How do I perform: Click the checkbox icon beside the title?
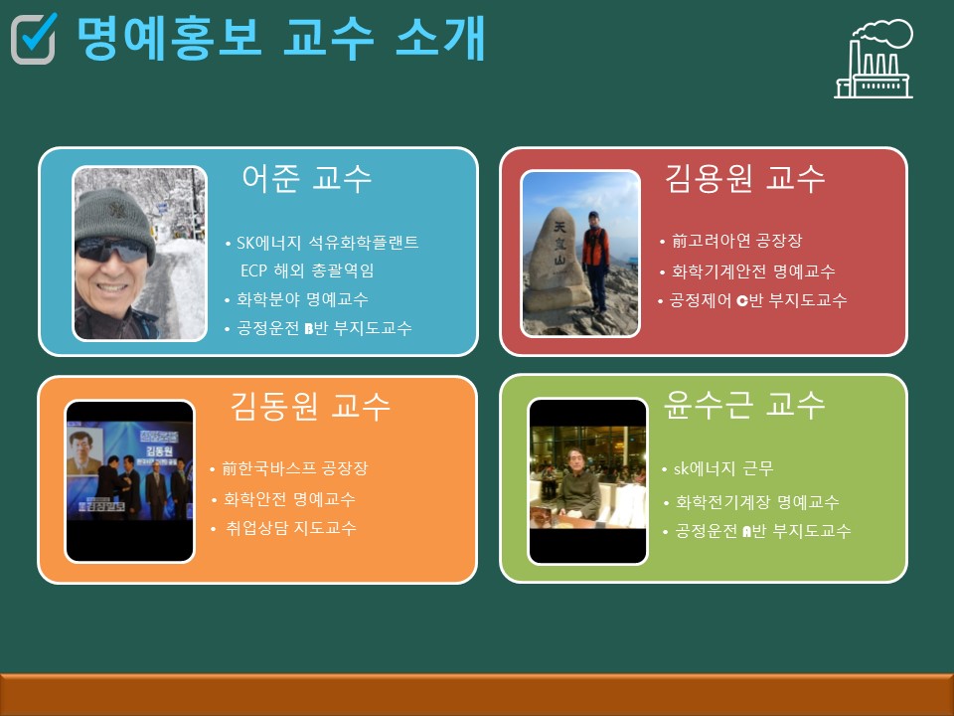tap(34, 39)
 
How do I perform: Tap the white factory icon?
tap(874, 59)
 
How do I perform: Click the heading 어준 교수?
tap(306, 178)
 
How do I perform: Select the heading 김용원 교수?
tap(744, 178)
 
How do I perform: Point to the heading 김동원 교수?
tap(310, 406)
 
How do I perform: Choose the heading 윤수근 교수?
tap(744, 405)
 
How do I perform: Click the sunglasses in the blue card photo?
tap(111, 250)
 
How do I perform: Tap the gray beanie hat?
tap(115, 219)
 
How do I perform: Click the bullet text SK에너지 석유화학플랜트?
tap(327, 243)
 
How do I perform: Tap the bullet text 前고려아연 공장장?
tap(736, 241)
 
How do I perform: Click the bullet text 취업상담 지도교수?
tap(291, 527)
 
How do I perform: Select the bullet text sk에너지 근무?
tap(723, 468)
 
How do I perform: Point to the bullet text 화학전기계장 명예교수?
tap(757, 501)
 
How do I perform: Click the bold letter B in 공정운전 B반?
tap(308, 329)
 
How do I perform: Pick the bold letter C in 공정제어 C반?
tap(741, 300)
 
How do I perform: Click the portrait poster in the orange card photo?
tap(84, 452)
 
